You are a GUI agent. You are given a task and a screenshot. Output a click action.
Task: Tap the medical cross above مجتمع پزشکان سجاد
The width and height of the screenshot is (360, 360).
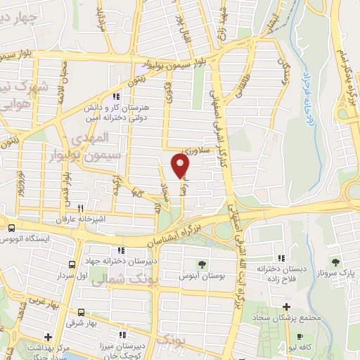click(286, 307)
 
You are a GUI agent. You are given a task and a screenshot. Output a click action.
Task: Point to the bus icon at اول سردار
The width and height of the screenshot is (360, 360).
click(72, 264)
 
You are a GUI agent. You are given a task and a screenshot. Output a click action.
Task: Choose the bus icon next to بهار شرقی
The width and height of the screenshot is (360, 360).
click(82, 312)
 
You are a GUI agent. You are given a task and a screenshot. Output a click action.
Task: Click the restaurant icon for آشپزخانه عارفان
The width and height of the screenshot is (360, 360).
click(81, 208)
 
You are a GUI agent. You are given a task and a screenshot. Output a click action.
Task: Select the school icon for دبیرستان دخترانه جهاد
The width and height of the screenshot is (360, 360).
click(122, 250)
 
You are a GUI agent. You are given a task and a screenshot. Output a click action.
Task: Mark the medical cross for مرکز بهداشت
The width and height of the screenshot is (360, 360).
click(48, 336)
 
